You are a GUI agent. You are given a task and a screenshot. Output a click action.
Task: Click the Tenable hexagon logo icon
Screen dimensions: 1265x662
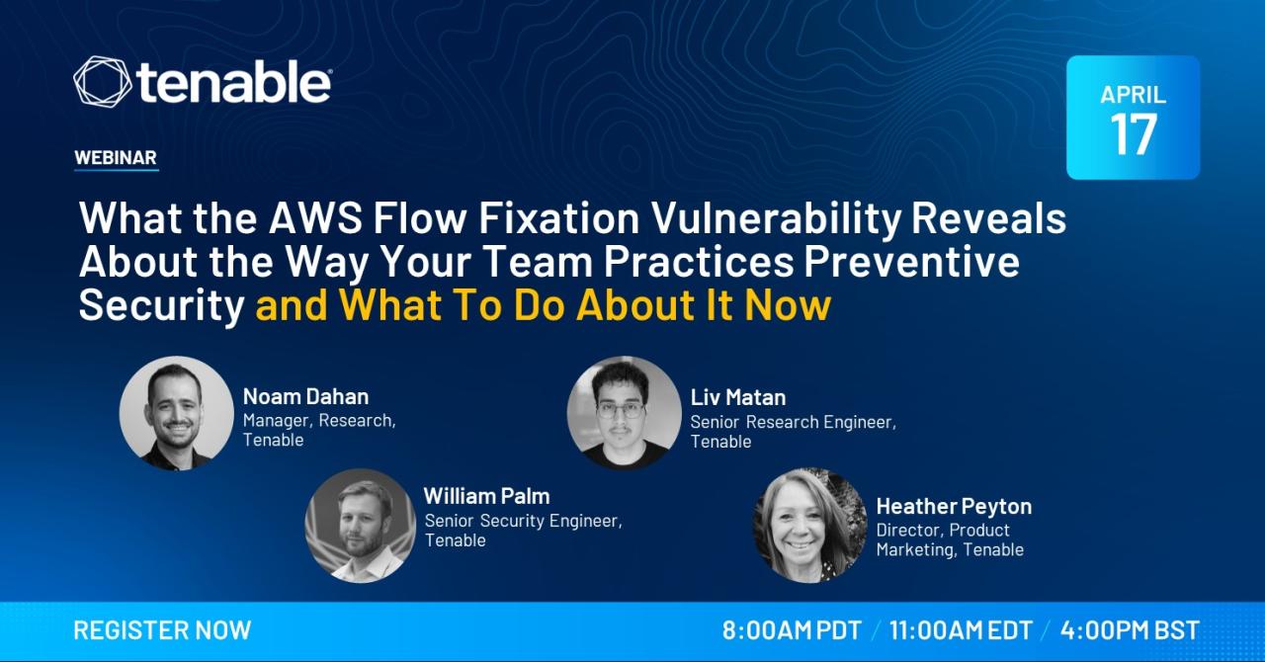pyautogui.click(x=102, y=81)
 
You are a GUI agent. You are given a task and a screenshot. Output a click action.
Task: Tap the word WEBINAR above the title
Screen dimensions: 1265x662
pyautogui.click(x=116, y=157)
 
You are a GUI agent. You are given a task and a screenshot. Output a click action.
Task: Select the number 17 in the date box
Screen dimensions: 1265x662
pyautogui.click(x=1134, y=134)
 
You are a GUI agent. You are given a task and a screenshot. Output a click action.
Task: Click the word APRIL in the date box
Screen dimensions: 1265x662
pyautogui.click(x=1134, y=94)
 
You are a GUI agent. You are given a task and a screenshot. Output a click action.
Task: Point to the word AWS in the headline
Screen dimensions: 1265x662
pyautogui.click(x=315, y=218)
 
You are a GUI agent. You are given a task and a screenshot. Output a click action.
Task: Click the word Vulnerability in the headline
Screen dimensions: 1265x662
pyautogui.click(x=777, y=219)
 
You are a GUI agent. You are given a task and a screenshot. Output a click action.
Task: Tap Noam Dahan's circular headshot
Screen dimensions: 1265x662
pyautogui.click(x=177, y=413)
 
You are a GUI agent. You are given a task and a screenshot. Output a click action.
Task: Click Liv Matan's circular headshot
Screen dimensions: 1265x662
pyautogui.click(x=624, y=413)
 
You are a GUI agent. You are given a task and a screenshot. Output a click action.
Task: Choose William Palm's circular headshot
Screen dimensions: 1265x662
pyautogui.click(x=361, y=526)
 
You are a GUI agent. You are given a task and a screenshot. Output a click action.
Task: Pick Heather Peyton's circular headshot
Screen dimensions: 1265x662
pyautogui.click(x=810, y=526)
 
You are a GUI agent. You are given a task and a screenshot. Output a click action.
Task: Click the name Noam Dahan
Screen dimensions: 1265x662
pyautogui.click(x=305, y=396)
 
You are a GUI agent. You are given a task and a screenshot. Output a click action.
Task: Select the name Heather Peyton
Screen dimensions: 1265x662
pyautogui.click(x=954, y=507)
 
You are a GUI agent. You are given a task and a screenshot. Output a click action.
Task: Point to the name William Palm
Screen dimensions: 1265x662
pyautogui.click(x=487, y=496)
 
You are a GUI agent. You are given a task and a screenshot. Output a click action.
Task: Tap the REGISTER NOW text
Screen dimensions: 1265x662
pyautogui.click(x=163, y=630)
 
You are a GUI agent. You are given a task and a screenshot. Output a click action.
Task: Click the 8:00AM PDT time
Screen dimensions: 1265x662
pyautogui.click(x=792, y=630)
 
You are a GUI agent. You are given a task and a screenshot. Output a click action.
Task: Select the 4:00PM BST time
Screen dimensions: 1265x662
pyautogui.click(x=1130, y=630)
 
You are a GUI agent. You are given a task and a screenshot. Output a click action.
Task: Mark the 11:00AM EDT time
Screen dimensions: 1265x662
pyautogui.click(x=961, y=630)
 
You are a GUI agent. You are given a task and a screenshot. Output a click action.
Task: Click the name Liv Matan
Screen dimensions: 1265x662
pyautogui.click(x=738, y=397)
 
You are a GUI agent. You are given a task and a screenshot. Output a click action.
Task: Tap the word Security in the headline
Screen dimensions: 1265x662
pyautogui.click(x=161, y=306)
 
